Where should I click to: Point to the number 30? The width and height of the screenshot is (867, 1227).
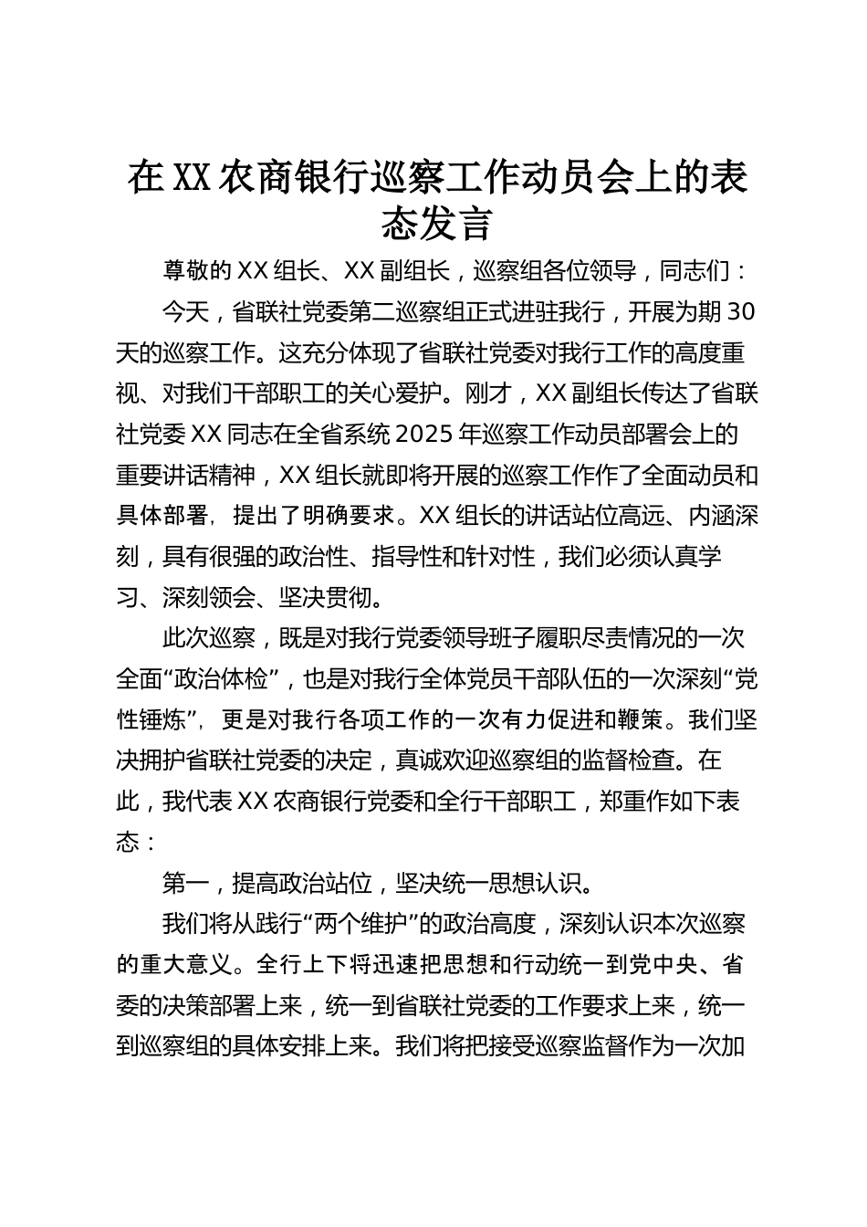coord(743,312)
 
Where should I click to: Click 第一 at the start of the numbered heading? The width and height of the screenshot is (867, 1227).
coord(186,883)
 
